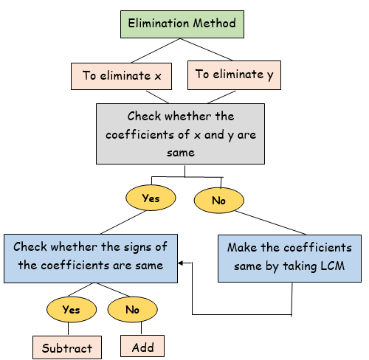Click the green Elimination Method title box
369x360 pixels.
pyautogui.click(x=182, y=24)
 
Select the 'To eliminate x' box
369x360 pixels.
pyautogui.click(x=121, y=76)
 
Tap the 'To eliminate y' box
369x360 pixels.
pyautogui.click(x=234, y=75)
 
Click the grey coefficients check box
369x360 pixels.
pyautogui.click(x=180, y=134)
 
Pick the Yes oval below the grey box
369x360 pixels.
pyautogui.click(x=151, y=198)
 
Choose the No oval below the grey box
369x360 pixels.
pyautogui.click(x=219, y=200)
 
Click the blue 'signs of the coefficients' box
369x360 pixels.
pyautogui.click(x=91, y=258)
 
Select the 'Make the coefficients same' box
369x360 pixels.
pyautogui.click(x=289, y=258)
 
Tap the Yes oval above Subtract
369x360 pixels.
pyautogui.click(x=72, y=309)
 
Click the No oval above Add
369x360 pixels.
pyautogui.click(x=132, y=309)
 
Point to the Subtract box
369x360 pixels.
pyautogui.click(x=67, y=347)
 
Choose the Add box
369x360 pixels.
pyautogui.click(x=142, y=346)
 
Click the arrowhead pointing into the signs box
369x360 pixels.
pyautogui.click(x=180, y=263)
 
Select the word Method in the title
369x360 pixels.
pyautogui.click(x=214, y=23)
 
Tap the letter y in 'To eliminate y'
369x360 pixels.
pyautogui.click(x=270, y=75)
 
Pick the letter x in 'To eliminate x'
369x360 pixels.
pyautogui.click(x=158, y=76)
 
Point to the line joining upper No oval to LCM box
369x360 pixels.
pyautogui.click(x=270, y=223)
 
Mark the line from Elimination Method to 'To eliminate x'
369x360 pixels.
pyautogui.click(x=156, y=51)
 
